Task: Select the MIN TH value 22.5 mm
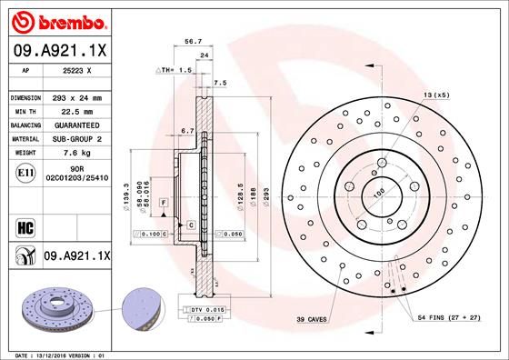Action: tap(72, 110)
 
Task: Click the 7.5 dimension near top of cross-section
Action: tap(218, 83)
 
